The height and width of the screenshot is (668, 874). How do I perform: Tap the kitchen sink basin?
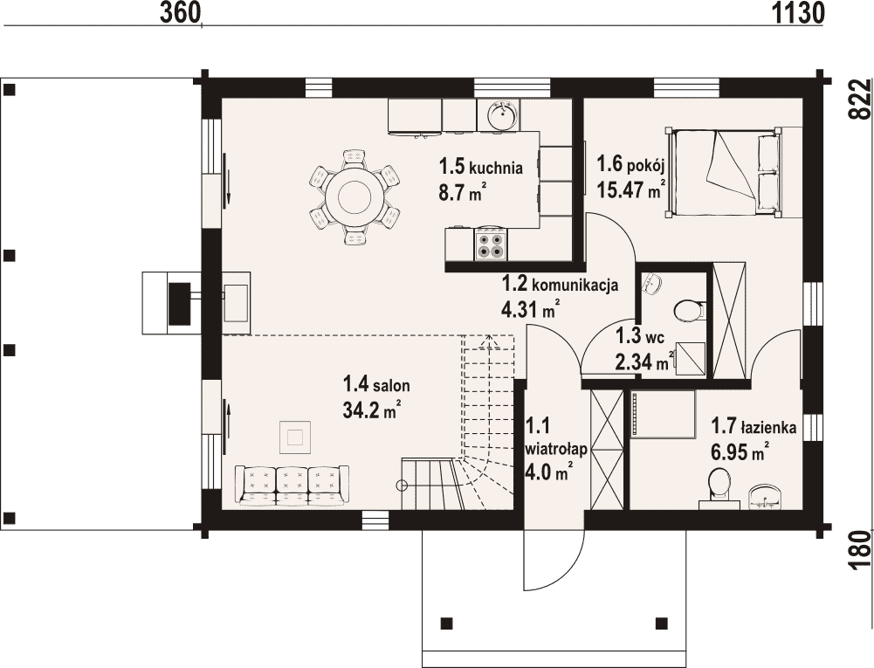503,114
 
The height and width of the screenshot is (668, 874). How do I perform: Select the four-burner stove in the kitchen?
491,244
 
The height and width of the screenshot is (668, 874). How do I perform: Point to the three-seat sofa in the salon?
292,486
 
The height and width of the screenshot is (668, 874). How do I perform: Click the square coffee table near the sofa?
295,437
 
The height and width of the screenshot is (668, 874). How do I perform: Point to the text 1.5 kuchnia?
480,166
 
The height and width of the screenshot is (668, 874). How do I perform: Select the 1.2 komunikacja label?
560,284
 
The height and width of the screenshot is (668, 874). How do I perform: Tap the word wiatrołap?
555,450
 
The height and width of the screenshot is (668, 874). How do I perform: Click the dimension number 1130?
798,12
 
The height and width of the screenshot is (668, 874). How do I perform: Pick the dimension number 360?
180,12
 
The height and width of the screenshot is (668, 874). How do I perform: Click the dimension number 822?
861,99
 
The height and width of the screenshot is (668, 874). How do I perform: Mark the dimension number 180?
861,550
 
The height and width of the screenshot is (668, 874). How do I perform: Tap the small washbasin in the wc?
651,283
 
